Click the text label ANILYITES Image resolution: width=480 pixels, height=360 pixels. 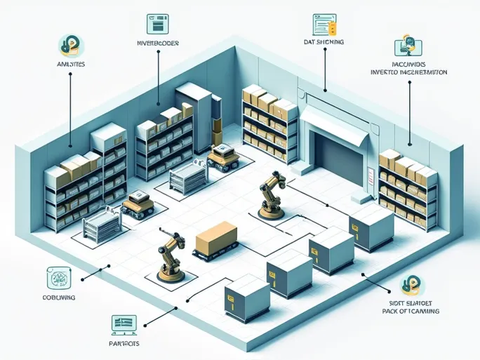click(69, 64)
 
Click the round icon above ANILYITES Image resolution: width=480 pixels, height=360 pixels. click(70, 45)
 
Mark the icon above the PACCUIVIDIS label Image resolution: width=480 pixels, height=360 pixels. click(409, 46)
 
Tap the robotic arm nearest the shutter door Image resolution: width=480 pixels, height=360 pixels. click(269, 196)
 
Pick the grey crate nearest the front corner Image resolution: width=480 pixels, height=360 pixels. click(247, 298)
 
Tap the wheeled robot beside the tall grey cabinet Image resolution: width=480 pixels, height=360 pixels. click(223, 157)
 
